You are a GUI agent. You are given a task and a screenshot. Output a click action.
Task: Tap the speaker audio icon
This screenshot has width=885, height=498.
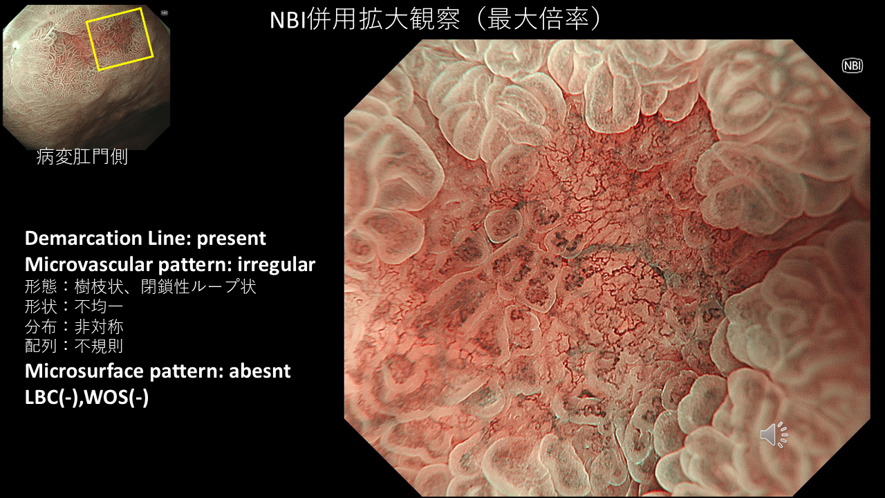pyautogui.click(x=774, y=435)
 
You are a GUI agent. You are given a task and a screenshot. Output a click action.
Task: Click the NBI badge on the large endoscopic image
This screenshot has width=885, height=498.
pyautogui.click(x=853, y=66)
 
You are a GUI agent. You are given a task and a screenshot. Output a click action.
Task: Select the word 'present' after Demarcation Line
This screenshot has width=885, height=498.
pyautogui.click(x=231, y=239)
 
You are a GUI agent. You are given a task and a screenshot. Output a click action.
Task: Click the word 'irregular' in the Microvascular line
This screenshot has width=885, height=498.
pyautogui.click(x=276, y=264)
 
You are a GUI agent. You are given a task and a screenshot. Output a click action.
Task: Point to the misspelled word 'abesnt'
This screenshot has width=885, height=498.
pyautogui.click(x=259, y=371)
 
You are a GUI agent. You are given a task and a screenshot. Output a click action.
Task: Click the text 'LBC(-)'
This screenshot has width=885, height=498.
pyautogui.click(x=51, y=397)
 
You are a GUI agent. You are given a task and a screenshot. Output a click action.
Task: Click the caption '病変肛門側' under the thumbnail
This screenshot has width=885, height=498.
pyautogui.click(x=82, y=157)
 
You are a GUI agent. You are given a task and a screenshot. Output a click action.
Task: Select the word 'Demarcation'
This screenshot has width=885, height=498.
pyautogui.click(x=84, y=239)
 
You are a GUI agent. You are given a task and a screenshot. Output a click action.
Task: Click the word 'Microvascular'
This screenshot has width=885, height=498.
pyautogui.click(x=89, y=264)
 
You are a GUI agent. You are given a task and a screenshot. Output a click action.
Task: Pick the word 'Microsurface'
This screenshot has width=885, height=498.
pyautogui.click(x=84, y=371)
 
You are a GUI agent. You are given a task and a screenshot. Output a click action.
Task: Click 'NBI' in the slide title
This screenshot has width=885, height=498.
pyautogui.click(x=288, y=20)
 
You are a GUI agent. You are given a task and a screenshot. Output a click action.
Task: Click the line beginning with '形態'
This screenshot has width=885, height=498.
pyautogui.click(x=140, y=286)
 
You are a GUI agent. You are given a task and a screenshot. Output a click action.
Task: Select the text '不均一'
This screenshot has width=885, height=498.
pyautogui.click(x=99, y=306)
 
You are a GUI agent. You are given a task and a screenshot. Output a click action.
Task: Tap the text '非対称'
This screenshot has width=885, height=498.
pyautogui.click(x=99, y=326)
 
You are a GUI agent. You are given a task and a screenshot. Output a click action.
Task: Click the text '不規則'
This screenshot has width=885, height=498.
pyautogui.click(x=99, y=347)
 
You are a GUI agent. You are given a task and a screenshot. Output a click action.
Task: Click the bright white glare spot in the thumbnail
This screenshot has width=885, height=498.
pyautogui.click(x=16, y=46)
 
